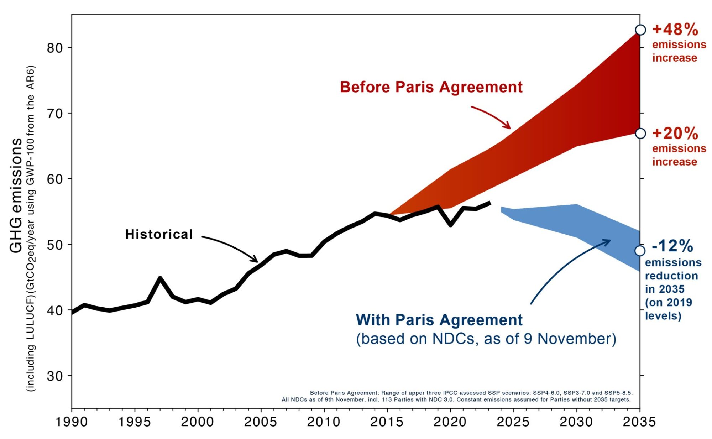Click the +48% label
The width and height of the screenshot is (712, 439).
675,30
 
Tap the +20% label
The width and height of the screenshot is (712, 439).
675,134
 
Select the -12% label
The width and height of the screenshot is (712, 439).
672,246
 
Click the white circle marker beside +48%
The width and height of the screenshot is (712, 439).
640,30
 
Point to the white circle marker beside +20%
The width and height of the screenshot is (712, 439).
640,134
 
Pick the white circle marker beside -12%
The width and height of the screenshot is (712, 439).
640,251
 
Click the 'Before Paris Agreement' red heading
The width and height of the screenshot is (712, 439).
431,87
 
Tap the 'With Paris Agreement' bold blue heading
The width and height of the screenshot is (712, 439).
439,320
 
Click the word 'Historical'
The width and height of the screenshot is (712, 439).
159,234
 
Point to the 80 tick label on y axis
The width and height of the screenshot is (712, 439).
55,48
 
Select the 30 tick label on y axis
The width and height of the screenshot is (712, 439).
55,376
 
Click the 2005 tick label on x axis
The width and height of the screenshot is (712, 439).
260,422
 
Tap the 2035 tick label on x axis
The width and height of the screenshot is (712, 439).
639,422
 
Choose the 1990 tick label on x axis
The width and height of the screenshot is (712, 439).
72,422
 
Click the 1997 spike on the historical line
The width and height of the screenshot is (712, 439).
160,278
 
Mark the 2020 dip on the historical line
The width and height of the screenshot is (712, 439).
451,225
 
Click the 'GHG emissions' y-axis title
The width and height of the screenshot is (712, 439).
16,196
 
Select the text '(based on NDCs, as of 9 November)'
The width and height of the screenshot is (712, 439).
486,339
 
